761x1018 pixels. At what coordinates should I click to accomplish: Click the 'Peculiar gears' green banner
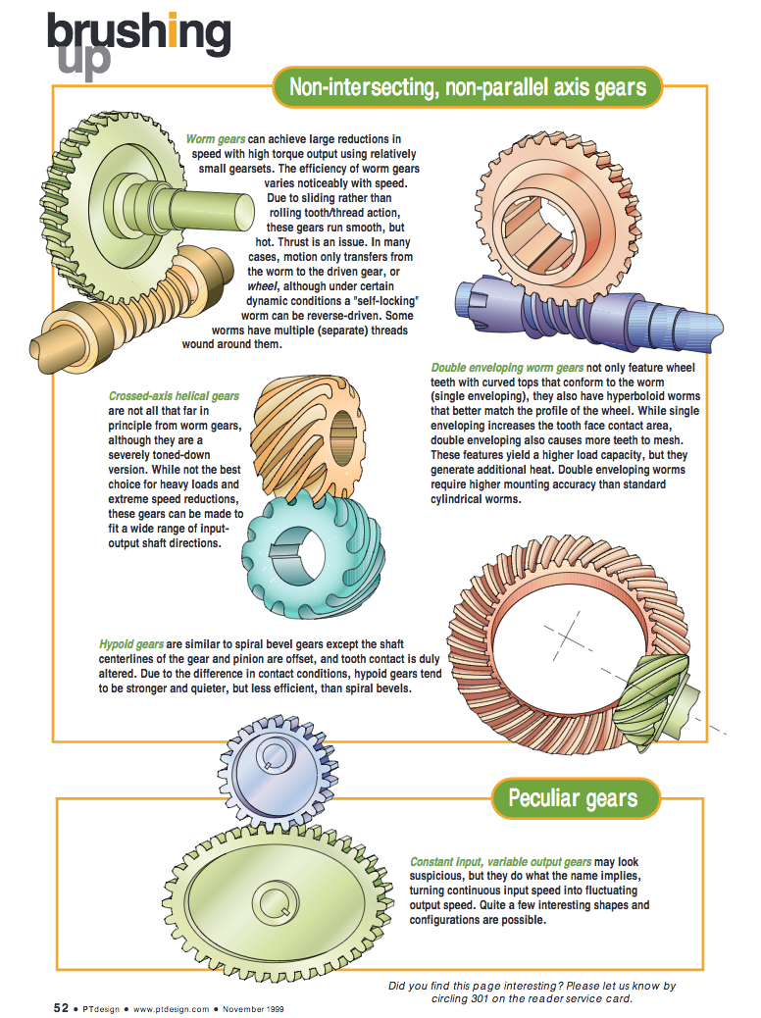(575, 798)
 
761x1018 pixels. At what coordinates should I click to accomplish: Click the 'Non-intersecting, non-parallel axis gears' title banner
(468, 87)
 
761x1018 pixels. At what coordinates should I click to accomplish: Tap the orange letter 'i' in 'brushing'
(174, 29)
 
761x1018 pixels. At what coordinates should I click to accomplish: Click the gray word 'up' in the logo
(83, 62)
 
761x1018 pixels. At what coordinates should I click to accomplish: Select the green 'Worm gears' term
(216, 139)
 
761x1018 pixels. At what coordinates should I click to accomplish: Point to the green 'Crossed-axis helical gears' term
(174, 396)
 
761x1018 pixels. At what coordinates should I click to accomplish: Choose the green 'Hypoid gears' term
(131, 644)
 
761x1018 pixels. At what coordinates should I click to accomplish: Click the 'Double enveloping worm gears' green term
(507, 368)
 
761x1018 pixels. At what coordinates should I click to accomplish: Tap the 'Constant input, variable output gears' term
(500, 861)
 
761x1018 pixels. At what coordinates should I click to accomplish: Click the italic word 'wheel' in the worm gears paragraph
(262, 286)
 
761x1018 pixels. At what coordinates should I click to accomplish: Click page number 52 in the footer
(61, 1007)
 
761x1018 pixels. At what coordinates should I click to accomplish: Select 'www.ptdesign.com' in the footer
(172, 1009)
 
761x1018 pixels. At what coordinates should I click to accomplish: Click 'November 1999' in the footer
(253, 1009)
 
